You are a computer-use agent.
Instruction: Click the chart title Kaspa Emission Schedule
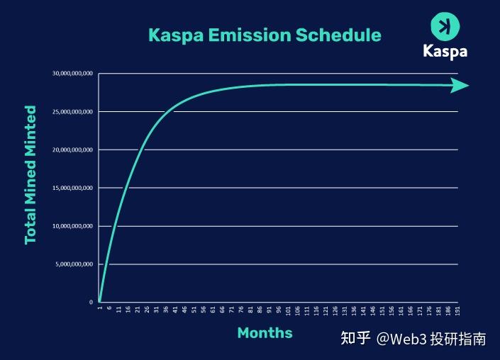click(x=264, y=35)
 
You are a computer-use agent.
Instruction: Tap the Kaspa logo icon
click(x=445, y=27)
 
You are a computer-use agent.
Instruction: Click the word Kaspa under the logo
click(x=445, y=52)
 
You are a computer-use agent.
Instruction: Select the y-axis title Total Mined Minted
click(x=30, y=174)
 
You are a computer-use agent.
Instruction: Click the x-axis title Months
click(x=265, y=332)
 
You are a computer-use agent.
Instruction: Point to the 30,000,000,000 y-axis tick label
click(x=72, y=74)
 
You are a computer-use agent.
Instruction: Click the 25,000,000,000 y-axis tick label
click(x=72, y=112)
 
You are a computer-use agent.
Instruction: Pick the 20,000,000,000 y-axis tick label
click(x=72, y=150)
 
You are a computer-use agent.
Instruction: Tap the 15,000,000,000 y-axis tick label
click(x=72, y=188)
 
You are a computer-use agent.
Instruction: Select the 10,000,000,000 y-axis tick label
click(x=72, y=226)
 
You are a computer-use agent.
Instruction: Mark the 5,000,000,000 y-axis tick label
click(x=74, y=264)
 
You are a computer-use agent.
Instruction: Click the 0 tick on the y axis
click(x=91, y=303)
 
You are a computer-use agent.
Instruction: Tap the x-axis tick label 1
click(x=100, y=310)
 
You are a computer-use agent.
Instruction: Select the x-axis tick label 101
click(x=288, y=311)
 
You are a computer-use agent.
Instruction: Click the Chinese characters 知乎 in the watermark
click(x=355, y=339)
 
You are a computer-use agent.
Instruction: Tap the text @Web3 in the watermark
click(x=401, y=339)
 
